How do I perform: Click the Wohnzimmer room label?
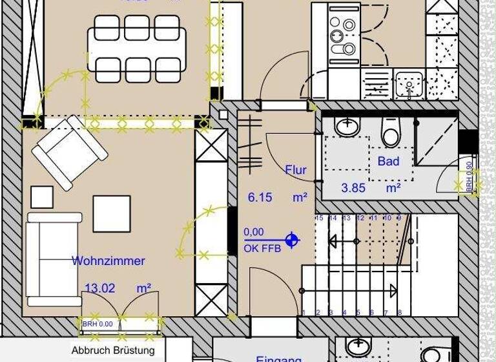click(108, 261)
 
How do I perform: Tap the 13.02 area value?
click(100, 288)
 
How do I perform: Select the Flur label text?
click(296, 170)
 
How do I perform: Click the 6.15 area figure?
click(260, 198)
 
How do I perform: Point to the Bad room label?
click(388, 162)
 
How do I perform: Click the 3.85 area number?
click(354, 188)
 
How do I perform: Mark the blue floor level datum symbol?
click(292, 240)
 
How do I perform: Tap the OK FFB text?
click(262, 248)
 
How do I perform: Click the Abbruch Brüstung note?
click(113, 350)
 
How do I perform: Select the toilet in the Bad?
click(390, 133)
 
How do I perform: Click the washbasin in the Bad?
click(348, 125)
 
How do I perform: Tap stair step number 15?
click(319, 218)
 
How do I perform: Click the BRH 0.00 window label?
click(98, 324)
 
